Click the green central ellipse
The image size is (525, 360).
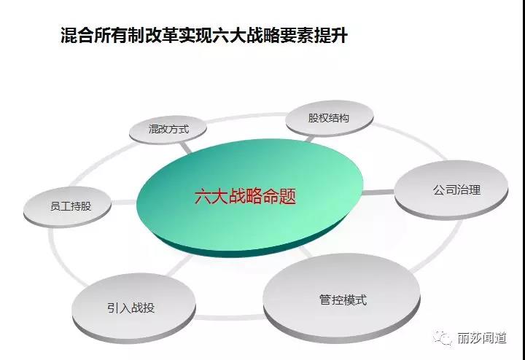point(250,198)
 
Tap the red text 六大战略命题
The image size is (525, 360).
point(246,196)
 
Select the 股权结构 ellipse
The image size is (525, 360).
point(330,119)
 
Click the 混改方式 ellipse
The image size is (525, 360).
point(168,130)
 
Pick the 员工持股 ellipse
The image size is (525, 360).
point(67,207)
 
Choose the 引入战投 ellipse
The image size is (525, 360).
point(133,308)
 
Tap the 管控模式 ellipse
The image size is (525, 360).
point(342,300)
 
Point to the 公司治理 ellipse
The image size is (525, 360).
point(451,190)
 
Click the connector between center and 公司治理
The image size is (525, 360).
point(378,192)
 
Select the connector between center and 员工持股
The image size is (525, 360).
point(125,203)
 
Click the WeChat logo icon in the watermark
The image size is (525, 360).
point(443,337)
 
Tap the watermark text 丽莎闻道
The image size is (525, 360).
point(481,338)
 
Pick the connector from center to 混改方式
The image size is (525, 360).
point(186,147)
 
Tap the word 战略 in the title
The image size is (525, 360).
point(262,35)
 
